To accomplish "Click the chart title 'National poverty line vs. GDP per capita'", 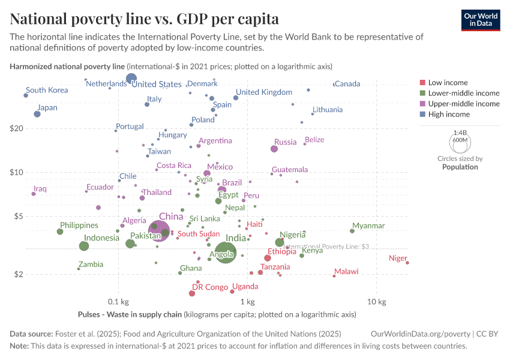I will [144, 19].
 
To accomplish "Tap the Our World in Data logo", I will [480, 20].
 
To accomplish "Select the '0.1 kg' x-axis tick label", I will [118, 301].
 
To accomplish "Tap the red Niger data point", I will [407, 262].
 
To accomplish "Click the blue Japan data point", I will [37, 114].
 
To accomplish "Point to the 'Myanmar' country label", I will [368, 226].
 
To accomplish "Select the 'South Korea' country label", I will [47, 91].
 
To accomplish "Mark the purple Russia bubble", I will [274, 149].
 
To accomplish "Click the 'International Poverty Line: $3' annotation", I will [327, 247].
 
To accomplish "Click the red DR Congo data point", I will [192, 293].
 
